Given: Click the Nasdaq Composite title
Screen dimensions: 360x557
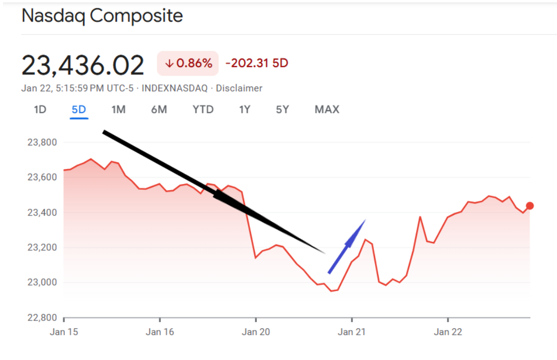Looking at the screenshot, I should (102, 16).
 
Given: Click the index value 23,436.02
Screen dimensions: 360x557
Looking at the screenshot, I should (83, 65).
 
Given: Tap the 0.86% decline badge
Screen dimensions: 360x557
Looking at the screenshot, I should (188, 64).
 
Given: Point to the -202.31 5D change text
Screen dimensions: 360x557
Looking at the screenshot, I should (257, 63).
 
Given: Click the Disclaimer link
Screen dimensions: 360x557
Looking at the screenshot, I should (239, 88).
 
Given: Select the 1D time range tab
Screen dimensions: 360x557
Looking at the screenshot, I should (40, 110).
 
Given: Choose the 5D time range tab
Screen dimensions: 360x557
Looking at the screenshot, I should (79, 110).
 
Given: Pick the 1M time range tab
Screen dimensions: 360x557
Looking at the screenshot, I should (118, 110).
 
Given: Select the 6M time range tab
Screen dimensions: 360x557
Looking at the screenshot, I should (159, 110).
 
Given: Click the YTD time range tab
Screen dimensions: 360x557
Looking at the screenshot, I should (203, 110).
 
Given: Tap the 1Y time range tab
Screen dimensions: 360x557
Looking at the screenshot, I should (244, 110).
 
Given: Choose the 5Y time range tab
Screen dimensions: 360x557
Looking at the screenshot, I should (283, 110).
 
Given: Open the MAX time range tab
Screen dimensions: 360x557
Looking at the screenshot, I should (327, 110).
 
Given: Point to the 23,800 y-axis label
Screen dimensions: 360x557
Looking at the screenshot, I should (41, 142).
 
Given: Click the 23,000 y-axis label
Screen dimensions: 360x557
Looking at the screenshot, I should (41, 283).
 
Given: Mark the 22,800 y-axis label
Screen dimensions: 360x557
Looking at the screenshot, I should (41, 317).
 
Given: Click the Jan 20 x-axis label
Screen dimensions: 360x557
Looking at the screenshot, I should (256, 332).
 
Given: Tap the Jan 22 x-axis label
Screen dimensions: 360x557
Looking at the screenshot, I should (448, 332).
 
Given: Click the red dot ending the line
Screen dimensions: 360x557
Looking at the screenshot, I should (530, 206).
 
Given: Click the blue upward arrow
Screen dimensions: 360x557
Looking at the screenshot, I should (347, 246).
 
